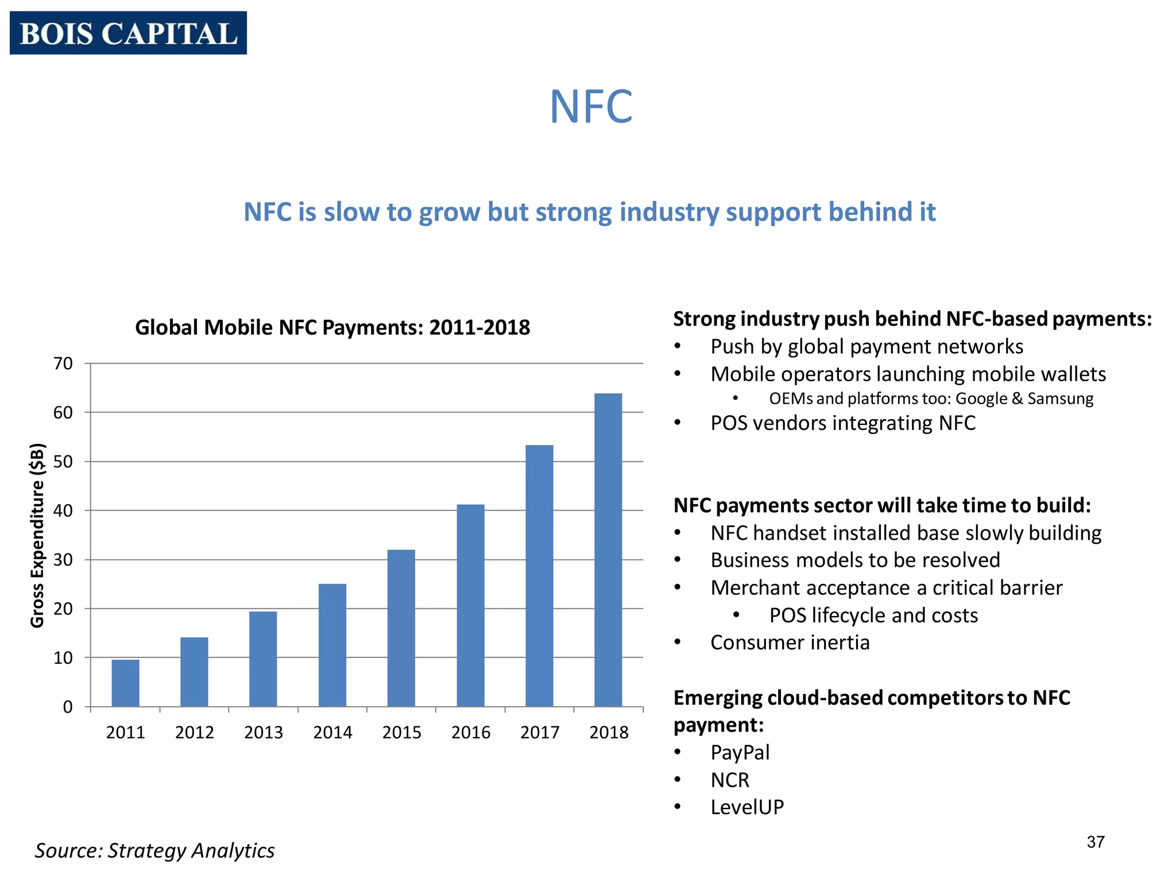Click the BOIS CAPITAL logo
128,33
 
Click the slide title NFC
591,107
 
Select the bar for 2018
608,550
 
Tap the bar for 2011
125,683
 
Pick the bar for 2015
401,628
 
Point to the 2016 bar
470,605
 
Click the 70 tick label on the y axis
63,363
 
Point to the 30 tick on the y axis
63,560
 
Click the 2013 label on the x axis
264,733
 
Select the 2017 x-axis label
540,733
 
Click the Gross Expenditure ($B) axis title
37,535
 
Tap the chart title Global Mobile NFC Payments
332,327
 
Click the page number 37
1096,842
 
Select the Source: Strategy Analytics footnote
154,850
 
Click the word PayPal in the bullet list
740,752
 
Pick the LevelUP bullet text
747,807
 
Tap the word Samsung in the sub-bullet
1061,399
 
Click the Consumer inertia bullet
790,643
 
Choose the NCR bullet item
730,780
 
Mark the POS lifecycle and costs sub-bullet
873,615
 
